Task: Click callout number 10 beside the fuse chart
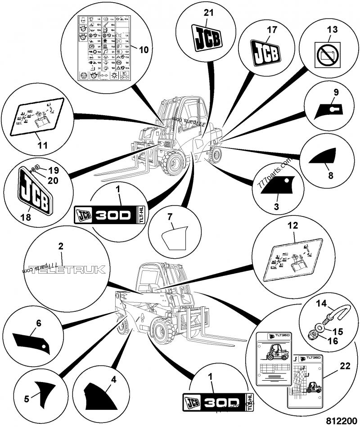[144, 50]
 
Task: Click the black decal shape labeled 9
[331, 108]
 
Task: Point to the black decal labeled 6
[31, 340]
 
